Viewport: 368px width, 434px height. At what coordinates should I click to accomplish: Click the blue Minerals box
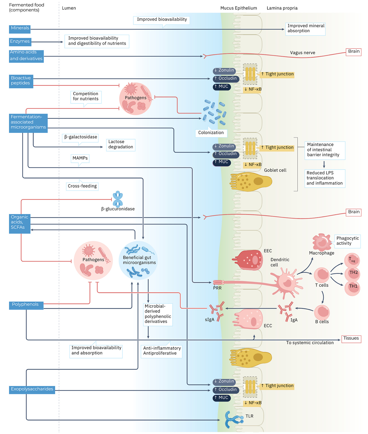[x=20, y=29]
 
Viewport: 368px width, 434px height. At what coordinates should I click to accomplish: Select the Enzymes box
[x=20, y=42]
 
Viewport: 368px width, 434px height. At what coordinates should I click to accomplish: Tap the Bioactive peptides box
[x=21, y=81]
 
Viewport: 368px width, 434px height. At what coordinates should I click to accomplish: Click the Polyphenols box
[x=26, y=305]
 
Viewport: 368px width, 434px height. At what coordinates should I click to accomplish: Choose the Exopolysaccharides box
[x=32, y=390]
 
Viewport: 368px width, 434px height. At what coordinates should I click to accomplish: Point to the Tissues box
[x=351, y=339]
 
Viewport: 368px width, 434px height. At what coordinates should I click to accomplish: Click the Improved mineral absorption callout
[x=305, y=29]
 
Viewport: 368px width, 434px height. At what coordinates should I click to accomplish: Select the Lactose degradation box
[x=121, y=145]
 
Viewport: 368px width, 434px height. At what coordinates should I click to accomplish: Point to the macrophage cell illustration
[x=322, y=242]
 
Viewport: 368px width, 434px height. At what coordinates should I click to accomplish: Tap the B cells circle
[x=322, y=312]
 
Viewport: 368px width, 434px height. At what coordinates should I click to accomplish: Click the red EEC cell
[x=248, y=260]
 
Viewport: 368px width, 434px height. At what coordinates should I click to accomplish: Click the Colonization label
[x=211, y=133]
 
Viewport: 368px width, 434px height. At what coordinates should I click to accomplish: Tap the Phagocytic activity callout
[x=348, y=241]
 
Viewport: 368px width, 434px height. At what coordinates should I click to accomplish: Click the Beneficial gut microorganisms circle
[x=138, y=260]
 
